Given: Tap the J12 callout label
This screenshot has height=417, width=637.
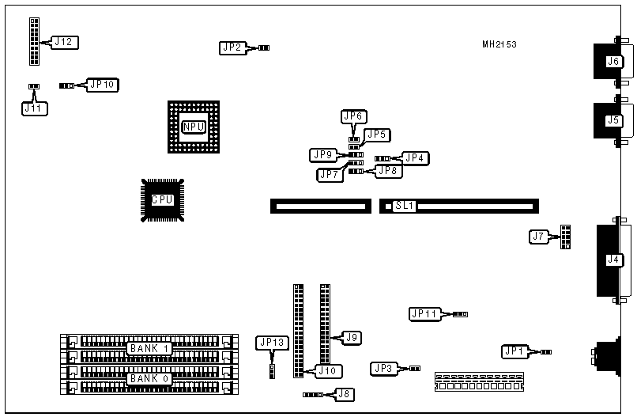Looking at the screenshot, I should [64, 42].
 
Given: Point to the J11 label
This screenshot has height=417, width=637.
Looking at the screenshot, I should [33, 108].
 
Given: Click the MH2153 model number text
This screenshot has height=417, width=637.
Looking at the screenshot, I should [499, 45].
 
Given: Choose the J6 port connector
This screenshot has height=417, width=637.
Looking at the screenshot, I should [612, 62].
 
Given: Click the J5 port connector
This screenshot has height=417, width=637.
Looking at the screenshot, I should [612, 121].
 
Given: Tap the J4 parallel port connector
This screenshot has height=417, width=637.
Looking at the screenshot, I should [612, 260].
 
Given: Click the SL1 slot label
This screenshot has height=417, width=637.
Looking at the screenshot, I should [405, 207].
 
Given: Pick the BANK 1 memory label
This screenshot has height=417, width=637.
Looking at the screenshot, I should [149, 348].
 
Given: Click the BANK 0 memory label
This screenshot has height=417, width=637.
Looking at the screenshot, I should [149, 378].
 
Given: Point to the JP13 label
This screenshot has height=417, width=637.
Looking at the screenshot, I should [271, 343].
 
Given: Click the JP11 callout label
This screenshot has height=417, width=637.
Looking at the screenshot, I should [424, 313].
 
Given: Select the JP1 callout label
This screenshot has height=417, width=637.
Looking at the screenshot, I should [514, 351].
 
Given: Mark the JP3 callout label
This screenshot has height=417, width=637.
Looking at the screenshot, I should [383, 368].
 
